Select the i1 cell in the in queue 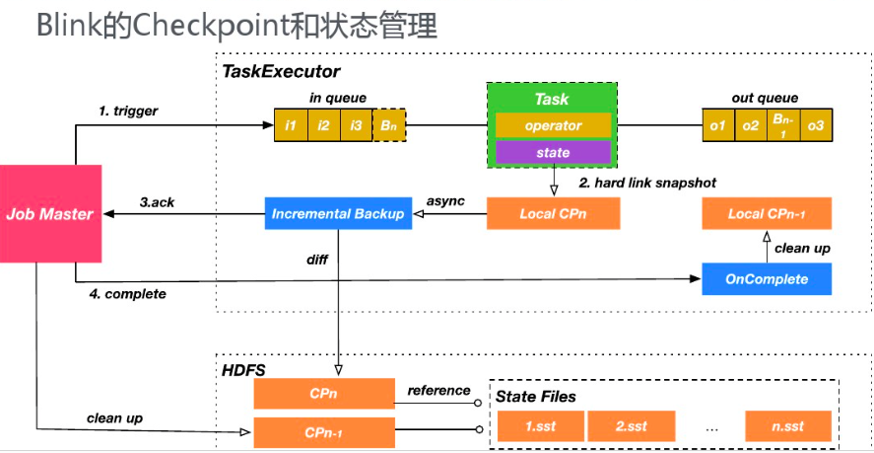tap(290, 125)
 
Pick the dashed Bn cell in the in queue tap(387, 125)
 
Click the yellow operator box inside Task tap(552, 126)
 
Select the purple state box tap(552, 153)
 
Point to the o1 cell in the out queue tap(718, 125)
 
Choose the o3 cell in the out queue tap(814, 125)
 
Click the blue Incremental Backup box tap(338, 213)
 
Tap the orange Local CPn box tap(554, 213)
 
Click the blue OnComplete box tap(767, 279)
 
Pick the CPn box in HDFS tap(324, 392)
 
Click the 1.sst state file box tap(538, 426)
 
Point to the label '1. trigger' tap(128, 111)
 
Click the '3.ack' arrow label tap(158, 201)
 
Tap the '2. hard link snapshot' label tap(648, 183)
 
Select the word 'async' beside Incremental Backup tap(445, 200)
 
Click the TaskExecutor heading tap(281, 71)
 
